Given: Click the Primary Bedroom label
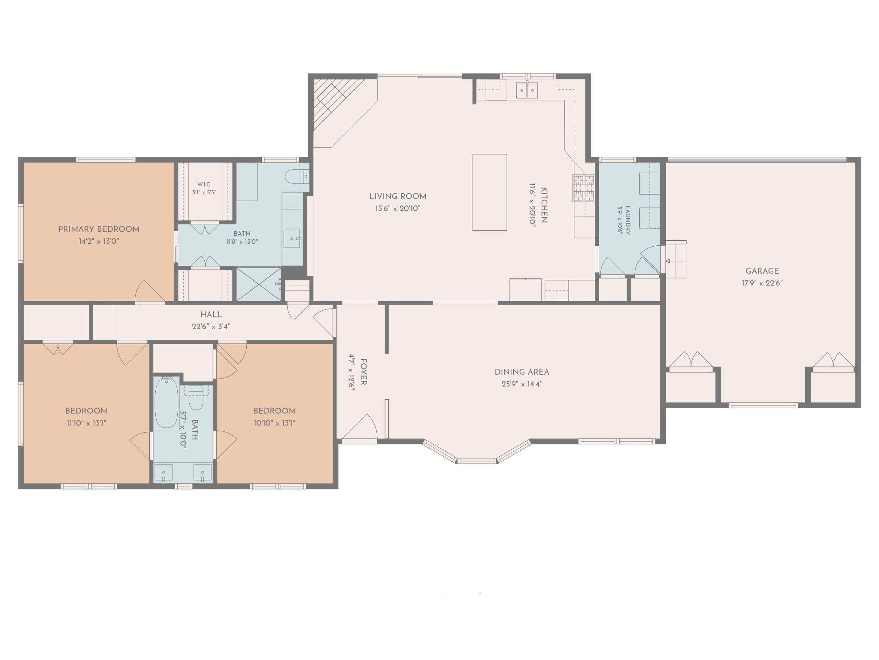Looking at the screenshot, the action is pos(99,229).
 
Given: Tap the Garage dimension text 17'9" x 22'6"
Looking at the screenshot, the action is pos(762,283).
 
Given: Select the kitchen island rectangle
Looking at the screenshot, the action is pos(490,192).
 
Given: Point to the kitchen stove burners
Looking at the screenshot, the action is pos(583,188).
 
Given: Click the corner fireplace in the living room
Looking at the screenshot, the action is pos(339,110).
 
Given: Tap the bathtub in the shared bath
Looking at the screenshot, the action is pos(167,403).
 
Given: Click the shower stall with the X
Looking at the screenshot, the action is pos(258,284).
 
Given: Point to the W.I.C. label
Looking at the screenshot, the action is pos(204,184).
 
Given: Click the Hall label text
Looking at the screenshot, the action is pos(211,315).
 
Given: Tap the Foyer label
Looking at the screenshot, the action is pos(363,372).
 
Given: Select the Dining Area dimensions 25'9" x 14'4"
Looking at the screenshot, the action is pos(522,384).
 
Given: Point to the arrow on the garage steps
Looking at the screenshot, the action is pos(676,261).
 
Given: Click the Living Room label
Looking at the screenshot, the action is pos(398,197).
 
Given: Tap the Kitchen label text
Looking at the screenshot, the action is pos(544,205).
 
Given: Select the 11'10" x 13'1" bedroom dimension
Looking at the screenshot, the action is pos(86,423).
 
